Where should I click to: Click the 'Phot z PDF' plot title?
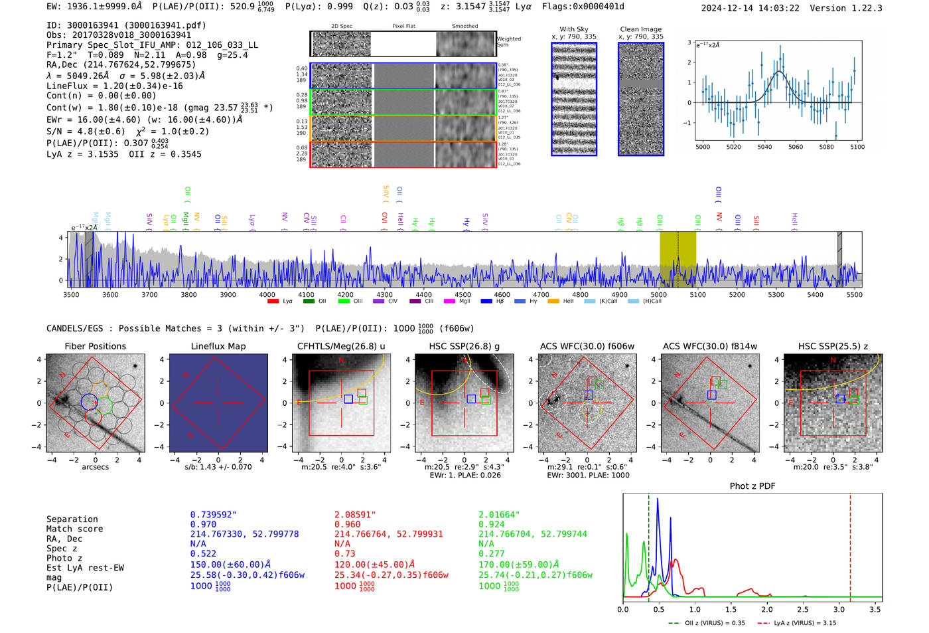point(752,486)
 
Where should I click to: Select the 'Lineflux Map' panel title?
point(218,346)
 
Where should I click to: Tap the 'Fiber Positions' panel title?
point(95,346)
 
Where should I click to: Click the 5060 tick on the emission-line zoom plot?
point(795,147)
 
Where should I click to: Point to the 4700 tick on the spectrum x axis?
point(541,294)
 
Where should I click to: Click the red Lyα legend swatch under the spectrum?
point(272,302)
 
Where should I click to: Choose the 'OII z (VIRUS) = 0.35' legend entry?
point(706,623)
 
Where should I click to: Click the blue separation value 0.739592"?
point(213,515)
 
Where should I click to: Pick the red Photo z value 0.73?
point(344,553)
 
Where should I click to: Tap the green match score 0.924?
point(491,524)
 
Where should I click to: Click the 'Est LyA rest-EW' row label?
point(85,568)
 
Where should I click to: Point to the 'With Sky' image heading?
point(573,29)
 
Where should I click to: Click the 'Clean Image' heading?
point(640,29)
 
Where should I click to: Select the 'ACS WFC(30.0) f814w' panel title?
point(709,346)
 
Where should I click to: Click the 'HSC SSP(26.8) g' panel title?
point(464,346)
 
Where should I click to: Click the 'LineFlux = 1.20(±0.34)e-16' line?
point(114,86)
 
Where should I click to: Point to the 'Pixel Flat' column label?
point(403,26)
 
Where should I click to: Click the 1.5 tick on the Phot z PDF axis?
point(731,609)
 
